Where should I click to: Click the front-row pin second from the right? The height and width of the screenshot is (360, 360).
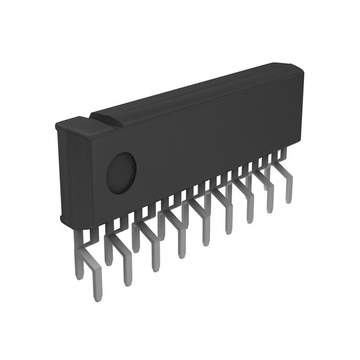pos(269,208)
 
